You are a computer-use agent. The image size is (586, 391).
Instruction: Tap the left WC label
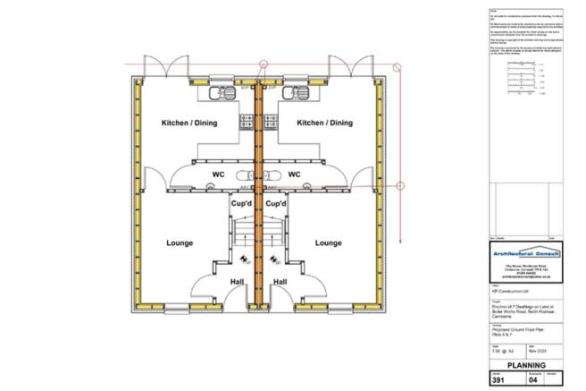pos(218,174)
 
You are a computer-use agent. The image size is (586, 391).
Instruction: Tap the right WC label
pos(296,174)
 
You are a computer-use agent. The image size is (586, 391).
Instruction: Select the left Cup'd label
pos(240,204)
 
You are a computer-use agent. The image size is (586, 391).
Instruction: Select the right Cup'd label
pos(275,204)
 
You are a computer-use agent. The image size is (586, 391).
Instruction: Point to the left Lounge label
pos(180,242)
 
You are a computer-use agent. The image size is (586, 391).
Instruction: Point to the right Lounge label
pos(328,242)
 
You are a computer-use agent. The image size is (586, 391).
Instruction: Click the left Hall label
pos(238,282)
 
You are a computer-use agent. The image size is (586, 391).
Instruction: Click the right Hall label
pos(280,282)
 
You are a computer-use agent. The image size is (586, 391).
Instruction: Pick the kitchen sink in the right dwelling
pos(295,91)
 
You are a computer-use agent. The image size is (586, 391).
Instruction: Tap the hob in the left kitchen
pos(247,121)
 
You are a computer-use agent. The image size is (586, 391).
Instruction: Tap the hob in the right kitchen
pos(268,121)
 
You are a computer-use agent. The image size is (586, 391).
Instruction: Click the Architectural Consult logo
pos(525,254)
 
